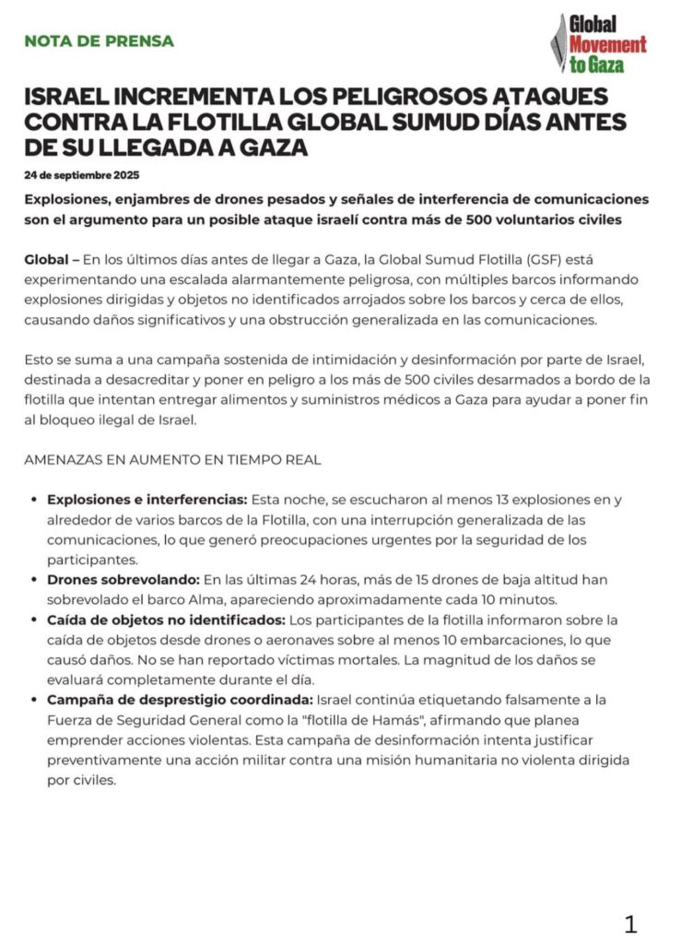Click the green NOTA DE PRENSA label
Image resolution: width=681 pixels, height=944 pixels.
(99, 41)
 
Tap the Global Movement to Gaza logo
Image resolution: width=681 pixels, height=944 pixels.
(599, 42)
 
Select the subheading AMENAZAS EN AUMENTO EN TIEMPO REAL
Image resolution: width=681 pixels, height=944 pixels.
(173, 459)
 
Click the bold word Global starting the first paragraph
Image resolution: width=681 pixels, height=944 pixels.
(46, 260)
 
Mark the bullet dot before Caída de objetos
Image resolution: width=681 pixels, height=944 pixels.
(34, 620)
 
